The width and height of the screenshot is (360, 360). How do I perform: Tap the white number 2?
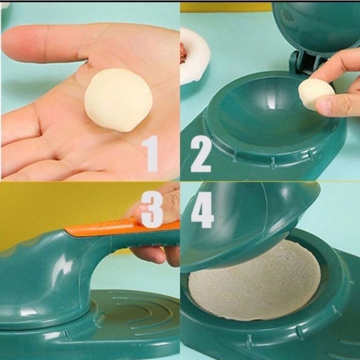tap(201, 151)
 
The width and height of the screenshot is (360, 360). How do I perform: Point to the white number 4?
tap(202, 207)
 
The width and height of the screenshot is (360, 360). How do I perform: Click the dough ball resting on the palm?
tap(119, 100)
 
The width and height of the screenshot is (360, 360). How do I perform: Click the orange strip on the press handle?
tap(118, 226)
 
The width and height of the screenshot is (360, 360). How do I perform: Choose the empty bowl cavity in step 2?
tap(262, 111)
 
